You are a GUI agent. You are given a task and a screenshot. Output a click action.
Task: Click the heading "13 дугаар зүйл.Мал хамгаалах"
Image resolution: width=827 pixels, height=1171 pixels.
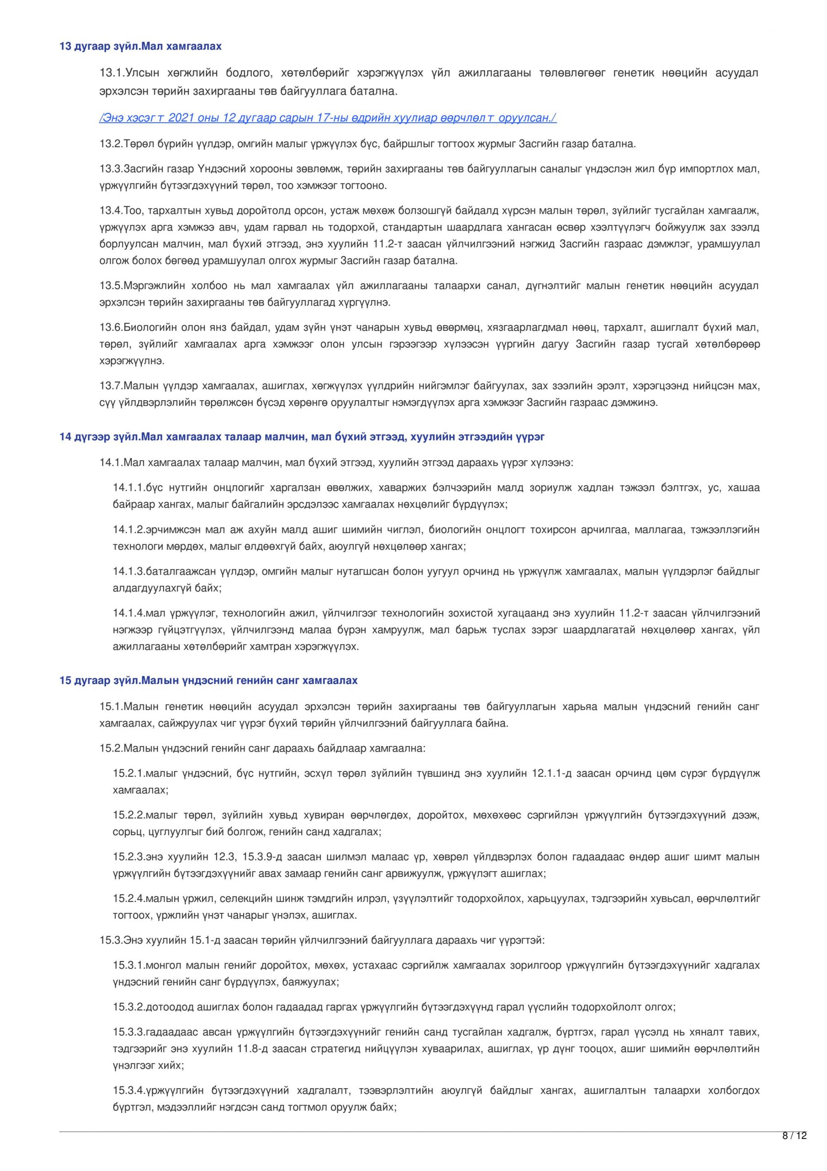(x=141, y=46)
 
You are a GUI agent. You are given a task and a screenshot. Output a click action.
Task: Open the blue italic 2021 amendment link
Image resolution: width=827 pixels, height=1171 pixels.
(x=327, y=118)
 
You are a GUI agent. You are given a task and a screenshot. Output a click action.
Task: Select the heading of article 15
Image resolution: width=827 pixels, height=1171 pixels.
(x=208, y=680)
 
